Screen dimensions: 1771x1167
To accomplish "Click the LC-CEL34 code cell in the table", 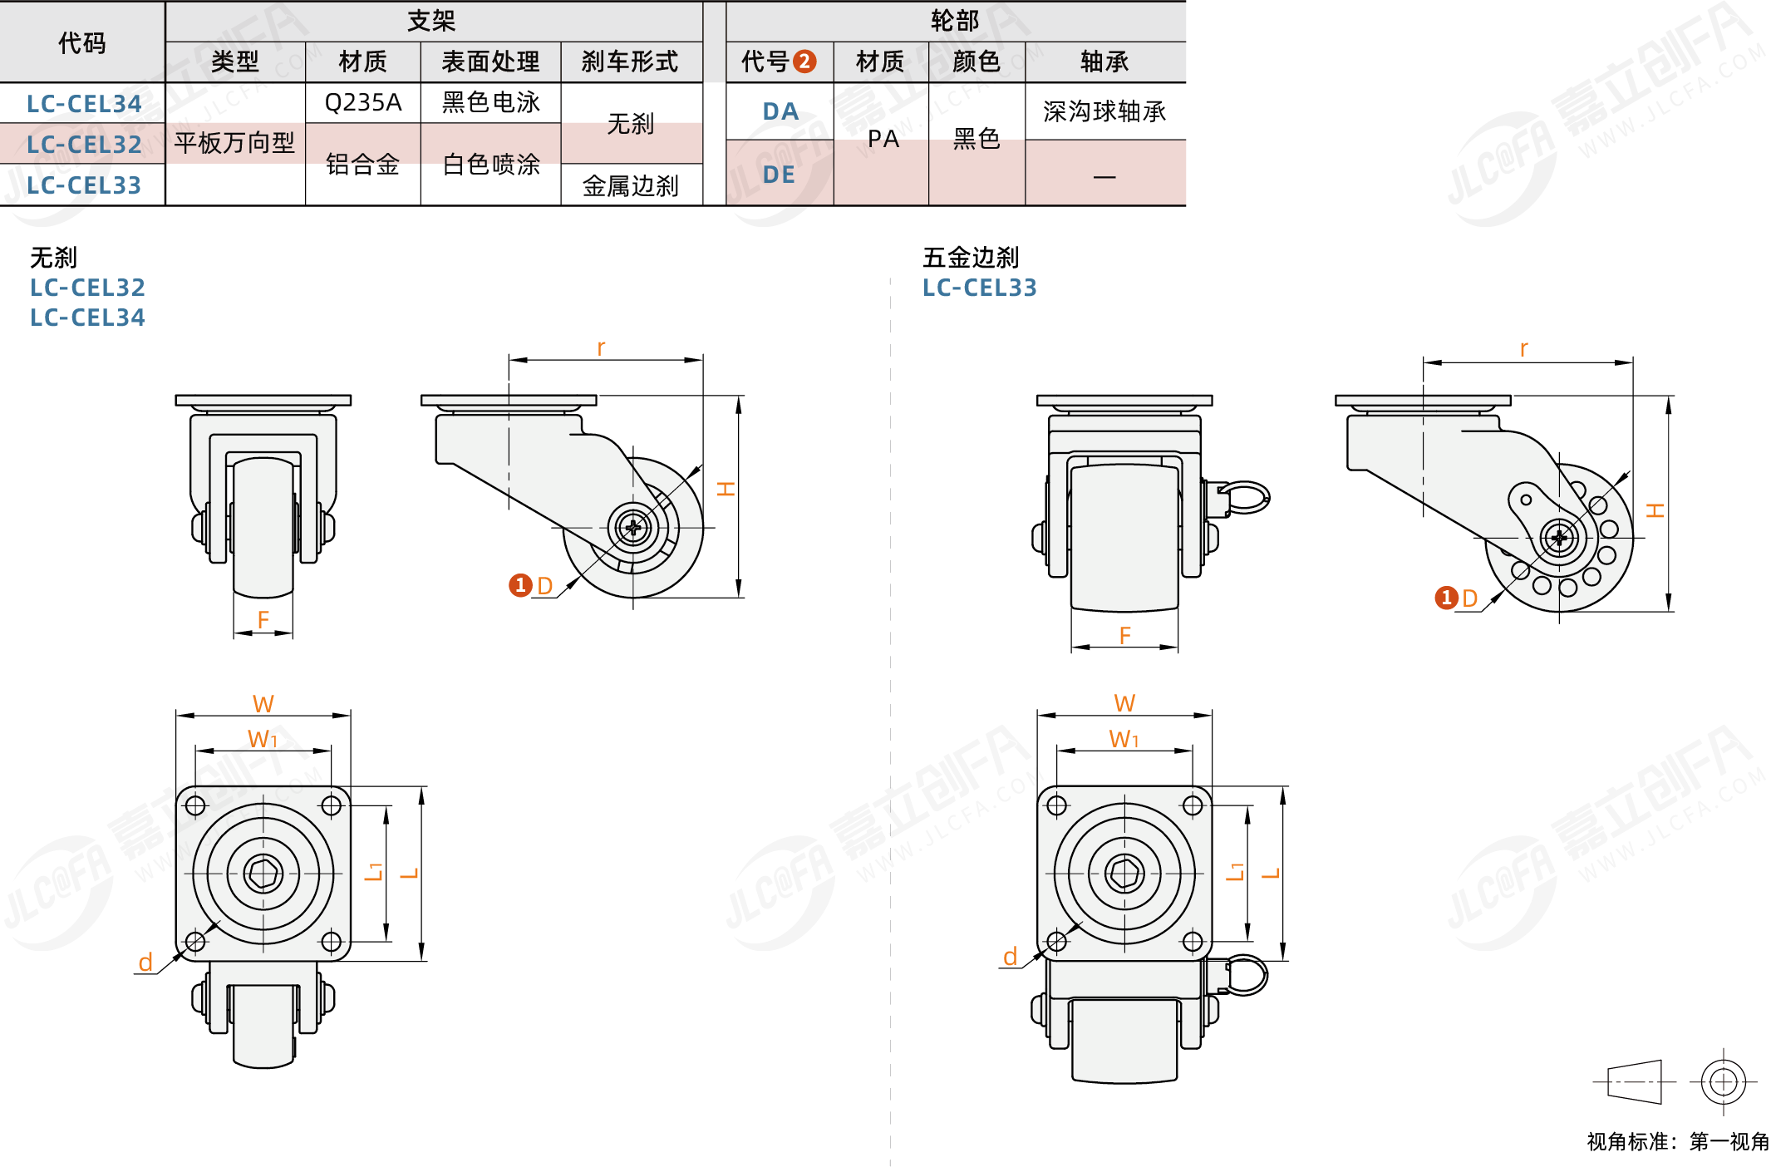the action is click(x=83, y=104).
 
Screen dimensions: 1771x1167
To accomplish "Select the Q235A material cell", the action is click(x=363, y=102).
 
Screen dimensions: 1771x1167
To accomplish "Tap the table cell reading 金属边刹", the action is click(x=631, y=185).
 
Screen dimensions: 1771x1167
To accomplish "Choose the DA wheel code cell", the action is click(x=780, y=111).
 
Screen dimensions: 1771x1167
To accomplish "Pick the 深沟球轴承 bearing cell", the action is click(x=1104, y=111).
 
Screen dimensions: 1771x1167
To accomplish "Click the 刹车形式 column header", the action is click(x=630, y=62).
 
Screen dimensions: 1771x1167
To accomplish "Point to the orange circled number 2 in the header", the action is click(x=804, y=62).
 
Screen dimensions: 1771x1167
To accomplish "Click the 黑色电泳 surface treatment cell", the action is click(x=491, y=102).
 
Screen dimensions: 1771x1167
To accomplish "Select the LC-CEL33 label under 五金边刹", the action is click(x=980, y=288).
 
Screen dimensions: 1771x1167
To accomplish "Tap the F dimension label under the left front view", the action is click(x=263, y=619).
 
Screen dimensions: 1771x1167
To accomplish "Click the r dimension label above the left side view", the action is click(x=601, y=347).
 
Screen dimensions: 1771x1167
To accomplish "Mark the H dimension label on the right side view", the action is click(x=1655, y=510).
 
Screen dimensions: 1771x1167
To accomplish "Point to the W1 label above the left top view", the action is click(x=263, y=738).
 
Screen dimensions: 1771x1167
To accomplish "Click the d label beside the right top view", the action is click(x=1010, y=956).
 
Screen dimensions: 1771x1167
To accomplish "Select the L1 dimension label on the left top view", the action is click(x=375, y=871).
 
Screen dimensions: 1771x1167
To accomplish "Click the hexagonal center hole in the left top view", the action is click(x=263, y=874).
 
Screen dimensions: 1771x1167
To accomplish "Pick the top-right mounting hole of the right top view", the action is click(x=1193, y=805).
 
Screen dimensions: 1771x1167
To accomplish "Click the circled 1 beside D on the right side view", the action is click(x=1447, y=598).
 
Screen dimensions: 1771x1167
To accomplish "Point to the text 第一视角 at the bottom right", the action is click(x=1729, y=1141).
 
